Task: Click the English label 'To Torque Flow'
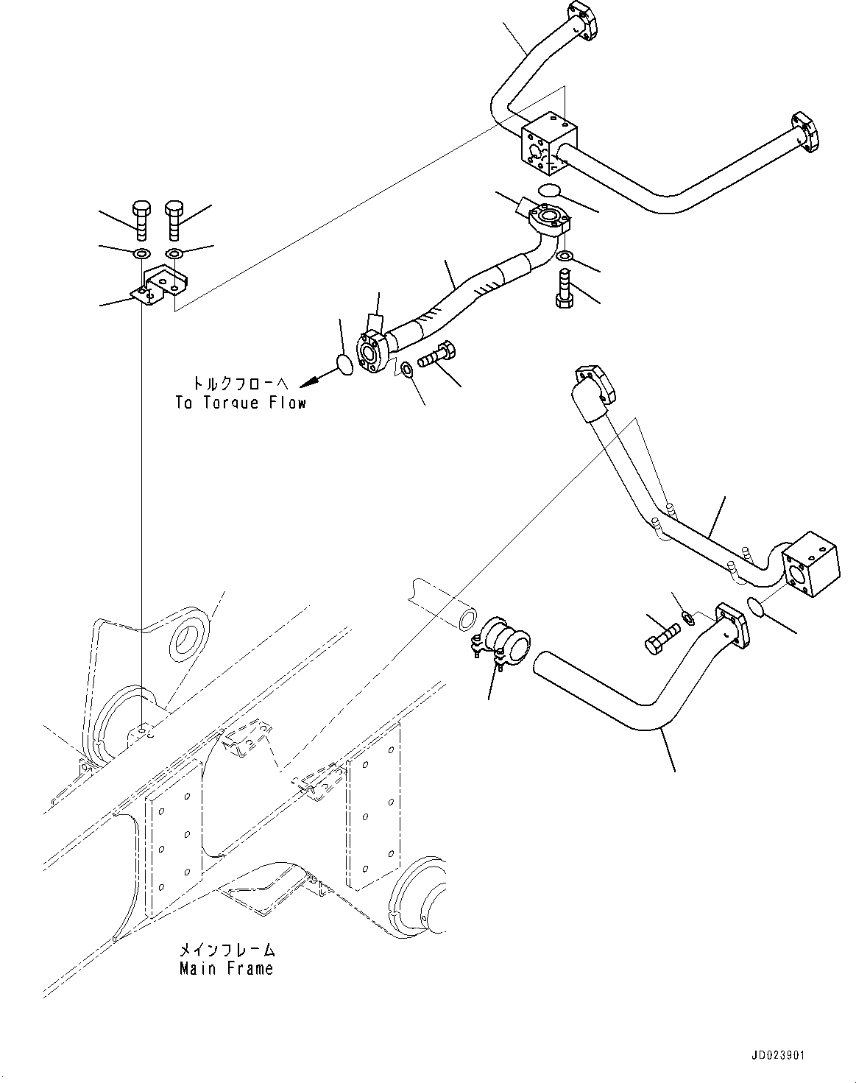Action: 240,403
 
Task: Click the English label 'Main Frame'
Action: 226,969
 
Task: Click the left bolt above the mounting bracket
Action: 141,219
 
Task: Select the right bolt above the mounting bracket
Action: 174,219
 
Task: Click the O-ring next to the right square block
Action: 756,606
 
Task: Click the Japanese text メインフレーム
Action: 226,950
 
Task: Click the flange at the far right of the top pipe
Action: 804,133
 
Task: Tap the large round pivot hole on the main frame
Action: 189,632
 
